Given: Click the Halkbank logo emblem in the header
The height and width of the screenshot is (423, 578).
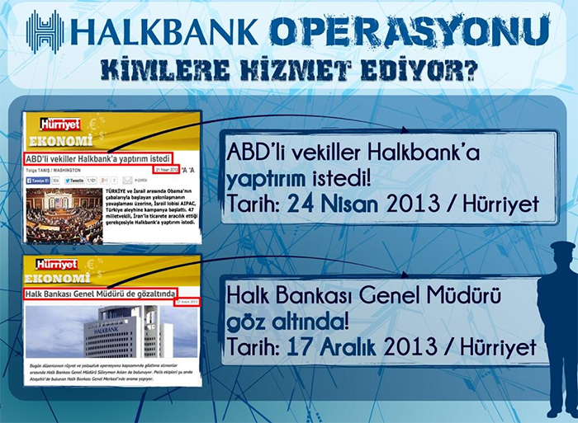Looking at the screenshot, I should [45, 31].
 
